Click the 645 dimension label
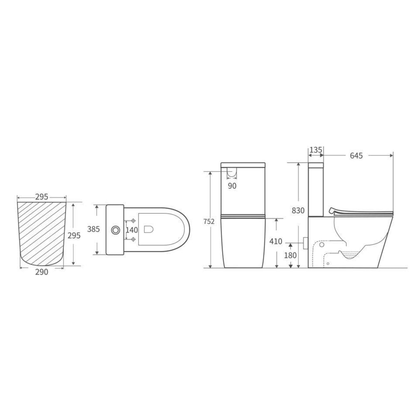pyautogui.click(x=356, y=156)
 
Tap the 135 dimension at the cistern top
pyautogui.click(x=316, y=150)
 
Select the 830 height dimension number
pyautogui.click(x=298, y=210)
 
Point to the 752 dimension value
pyautogui.click(x=209, y=221)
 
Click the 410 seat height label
pyautogui.click(x=276, y=241)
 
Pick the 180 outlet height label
pyautogui.click(x=290, y=255)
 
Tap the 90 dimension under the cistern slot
pyautogui.click(x=232, y=186)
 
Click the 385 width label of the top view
pyautogui.click(x=93, y=229)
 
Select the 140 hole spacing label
pyautogui.click(x=132, y=230)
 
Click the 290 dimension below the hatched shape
pyautogui.click(x=42, y=272)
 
